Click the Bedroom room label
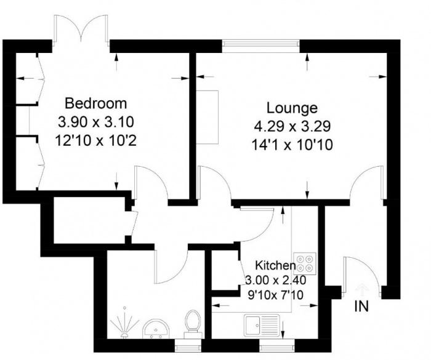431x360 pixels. click(x=95, y=103)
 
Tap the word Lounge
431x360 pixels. click(x=292, y=108)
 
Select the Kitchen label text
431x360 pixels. click(x=275, y=265)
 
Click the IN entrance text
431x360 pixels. click(x=361, y=306)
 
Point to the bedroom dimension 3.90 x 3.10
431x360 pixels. click(x=96, y=122)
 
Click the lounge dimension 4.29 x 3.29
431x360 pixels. click(x=292, y=126)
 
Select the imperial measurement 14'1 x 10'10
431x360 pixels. click(x=292, y=145)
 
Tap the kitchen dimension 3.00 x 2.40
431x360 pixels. click(x=275, y=281)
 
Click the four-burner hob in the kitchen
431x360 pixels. click(x=305, y=263)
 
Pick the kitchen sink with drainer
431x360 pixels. click(x=262, y=326)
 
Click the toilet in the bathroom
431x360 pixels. click(x=193, y=324)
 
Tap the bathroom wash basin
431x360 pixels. click(x=156, y=329)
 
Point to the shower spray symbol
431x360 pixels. click(x=124, y=322)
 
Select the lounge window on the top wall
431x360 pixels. click(x=260, y=46)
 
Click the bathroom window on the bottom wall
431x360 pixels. click(x=188, y=345)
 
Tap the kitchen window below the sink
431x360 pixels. click(x=277, y=345)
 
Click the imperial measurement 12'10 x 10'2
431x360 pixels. click(x=96, y=141)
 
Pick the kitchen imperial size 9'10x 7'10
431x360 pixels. click(x=275, y=295)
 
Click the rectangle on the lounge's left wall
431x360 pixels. click(x=207, y=117)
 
